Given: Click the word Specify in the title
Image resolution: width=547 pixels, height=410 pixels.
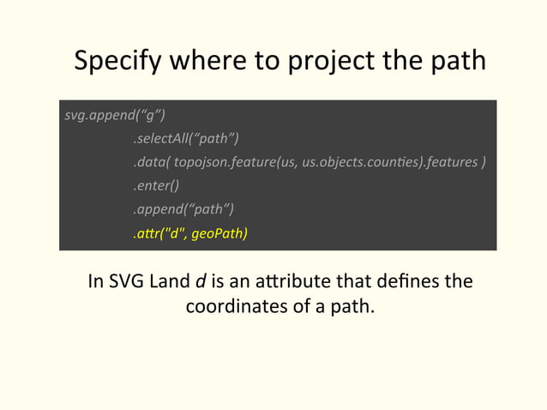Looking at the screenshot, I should tap(120, 63).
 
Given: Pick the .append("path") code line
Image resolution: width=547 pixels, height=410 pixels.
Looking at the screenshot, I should tap(183, 208).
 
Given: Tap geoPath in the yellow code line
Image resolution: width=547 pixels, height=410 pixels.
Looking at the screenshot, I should tap(219, 232).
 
